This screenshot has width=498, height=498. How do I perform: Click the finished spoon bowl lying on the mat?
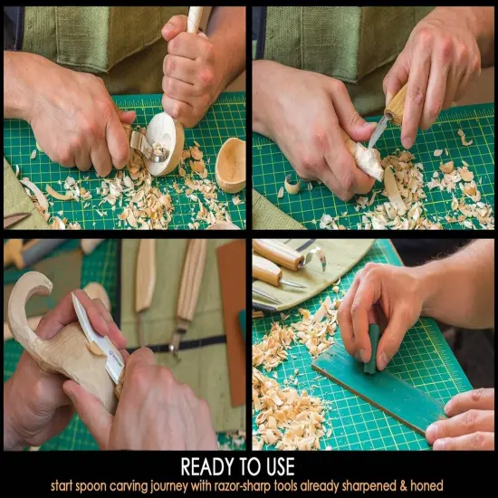point(231,165)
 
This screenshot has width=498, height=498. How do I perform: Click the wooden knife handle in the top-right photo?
point(397,103)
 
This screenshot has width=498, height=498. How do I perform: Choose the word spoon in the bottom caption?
point(105,486)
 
